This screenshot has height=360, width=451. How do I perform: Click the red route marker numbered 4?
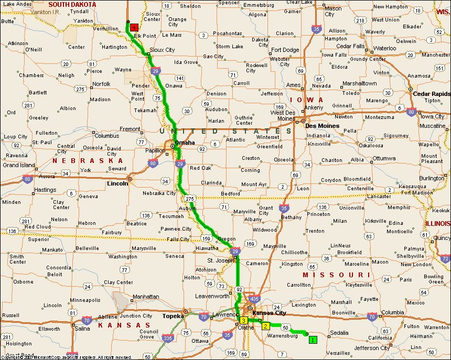(135, 27)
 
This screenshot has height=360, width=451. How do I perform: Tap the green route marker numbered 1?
(313, 340)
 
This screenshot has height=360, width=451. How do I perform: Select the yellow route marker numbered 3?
(244, 320)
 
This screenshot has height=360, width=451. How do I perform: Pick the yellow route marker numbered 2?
(266, 326)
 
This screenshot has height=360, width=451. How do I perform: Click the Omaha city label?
(184, 143)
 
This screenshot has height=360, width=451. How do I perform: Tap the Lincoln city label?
(117, 183)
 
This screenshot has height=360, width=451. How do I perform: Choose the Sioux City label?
(162, 50)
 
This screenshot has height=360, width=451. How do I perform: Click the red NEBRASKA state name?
(88, 160)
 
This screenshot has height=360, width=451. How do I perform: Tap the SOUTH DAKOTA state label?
(72, 4)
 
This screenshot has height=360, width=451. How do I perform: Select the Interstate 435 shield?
(254, 299)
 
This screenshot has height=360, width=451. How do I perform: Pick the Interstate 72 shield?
(445, 258)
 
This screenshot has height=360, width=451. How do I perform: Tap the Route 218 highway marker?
(360, 20)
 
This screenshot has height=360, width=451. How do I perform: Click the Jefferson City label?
(373, 348)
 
